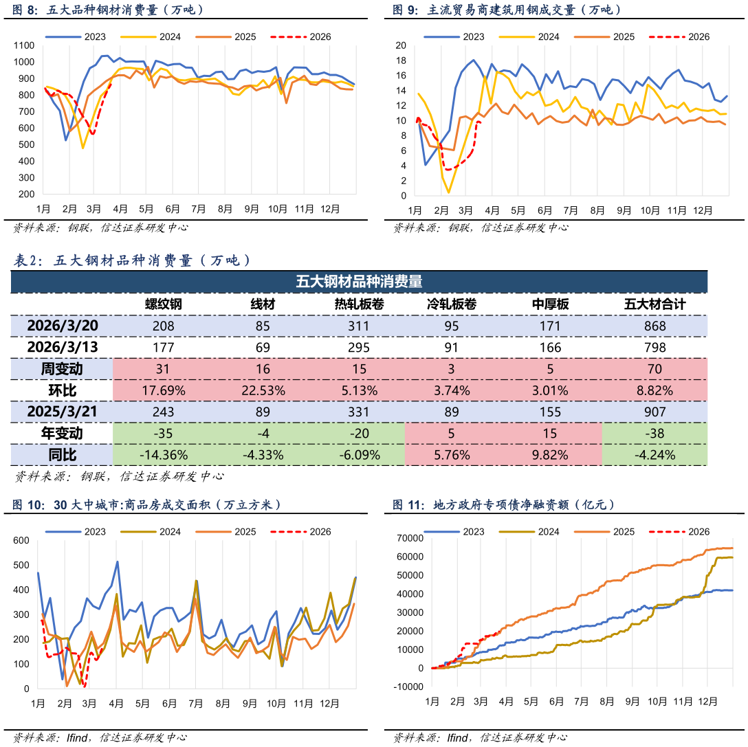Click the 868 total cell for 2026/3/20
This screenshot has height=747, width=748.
[x=654, y=326]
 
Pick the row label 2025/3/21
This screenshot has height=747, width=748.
[x=62, y=412]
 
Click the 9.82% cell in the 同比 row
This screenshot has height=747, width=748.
[x=550, y=455]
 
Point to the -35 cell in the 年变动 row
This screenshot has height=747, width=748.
[x=163, y=433]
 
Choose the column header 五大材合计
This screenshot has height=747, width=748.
[x=654, y=304]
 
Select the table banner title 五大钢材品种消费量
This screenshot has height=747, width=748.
[x=359, y=282]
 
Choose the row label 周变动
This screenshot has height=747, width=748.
[x=62, y=369]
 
